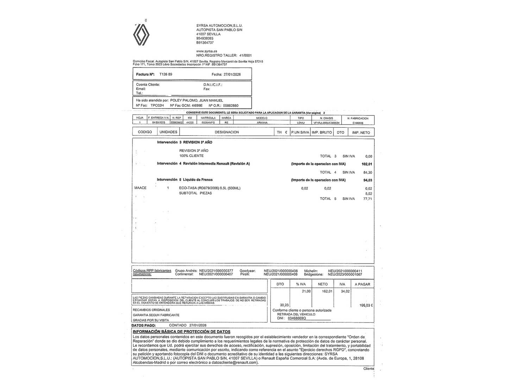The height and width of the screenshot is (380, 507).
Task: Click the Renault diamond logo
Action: pos(141,35)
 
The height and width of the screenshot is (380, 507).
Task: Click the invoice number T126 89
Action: pos(166,75)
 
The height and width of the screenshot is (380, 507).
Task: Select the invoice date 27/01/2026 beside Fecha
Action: pos(232,75)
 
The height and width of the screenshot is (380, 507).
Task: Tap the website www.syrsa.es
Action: pos(207,51)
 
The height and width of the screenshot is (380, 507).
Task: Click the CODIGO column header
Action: pos(145,132)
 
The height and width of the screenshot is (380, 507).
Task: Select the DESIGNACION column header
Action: pos(227,132)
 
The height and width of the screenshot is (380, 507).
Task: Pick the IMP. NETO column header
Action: pos(361,132)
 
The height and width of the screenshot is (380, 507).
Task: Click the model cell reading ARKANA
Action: pos(262,123)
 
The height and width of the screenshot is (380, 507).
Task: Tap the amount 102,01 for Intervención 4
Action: pos(367,164)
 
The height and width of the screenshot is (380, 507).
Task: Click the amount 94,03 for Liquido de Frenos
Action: pos(368,180)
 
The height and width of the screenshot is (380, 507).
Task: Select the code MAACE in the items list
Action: pos(140,188)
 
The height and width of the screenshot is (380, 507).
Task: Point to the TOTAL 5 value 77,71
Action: pos(368,199)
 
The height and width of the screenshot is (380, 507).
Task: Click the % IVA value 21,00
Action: pos(306,291)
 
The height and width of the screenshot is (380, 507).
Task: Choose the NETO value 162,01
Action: pos(327,291)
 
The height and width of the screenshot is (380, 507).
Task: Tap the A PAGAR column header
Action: pos(362,284)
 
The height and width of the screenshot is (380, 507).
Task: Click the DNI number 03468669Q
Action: pos(297,318)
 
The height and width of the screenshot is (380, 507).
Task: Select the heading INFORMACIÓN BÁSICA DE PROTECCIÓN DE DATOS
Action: pos(181,331)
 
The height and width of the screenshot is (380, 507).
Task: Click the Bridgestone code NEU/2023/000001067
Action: pos(345,274)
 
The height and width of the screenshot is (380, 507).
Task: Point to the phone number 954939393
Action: pos(205,38)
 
